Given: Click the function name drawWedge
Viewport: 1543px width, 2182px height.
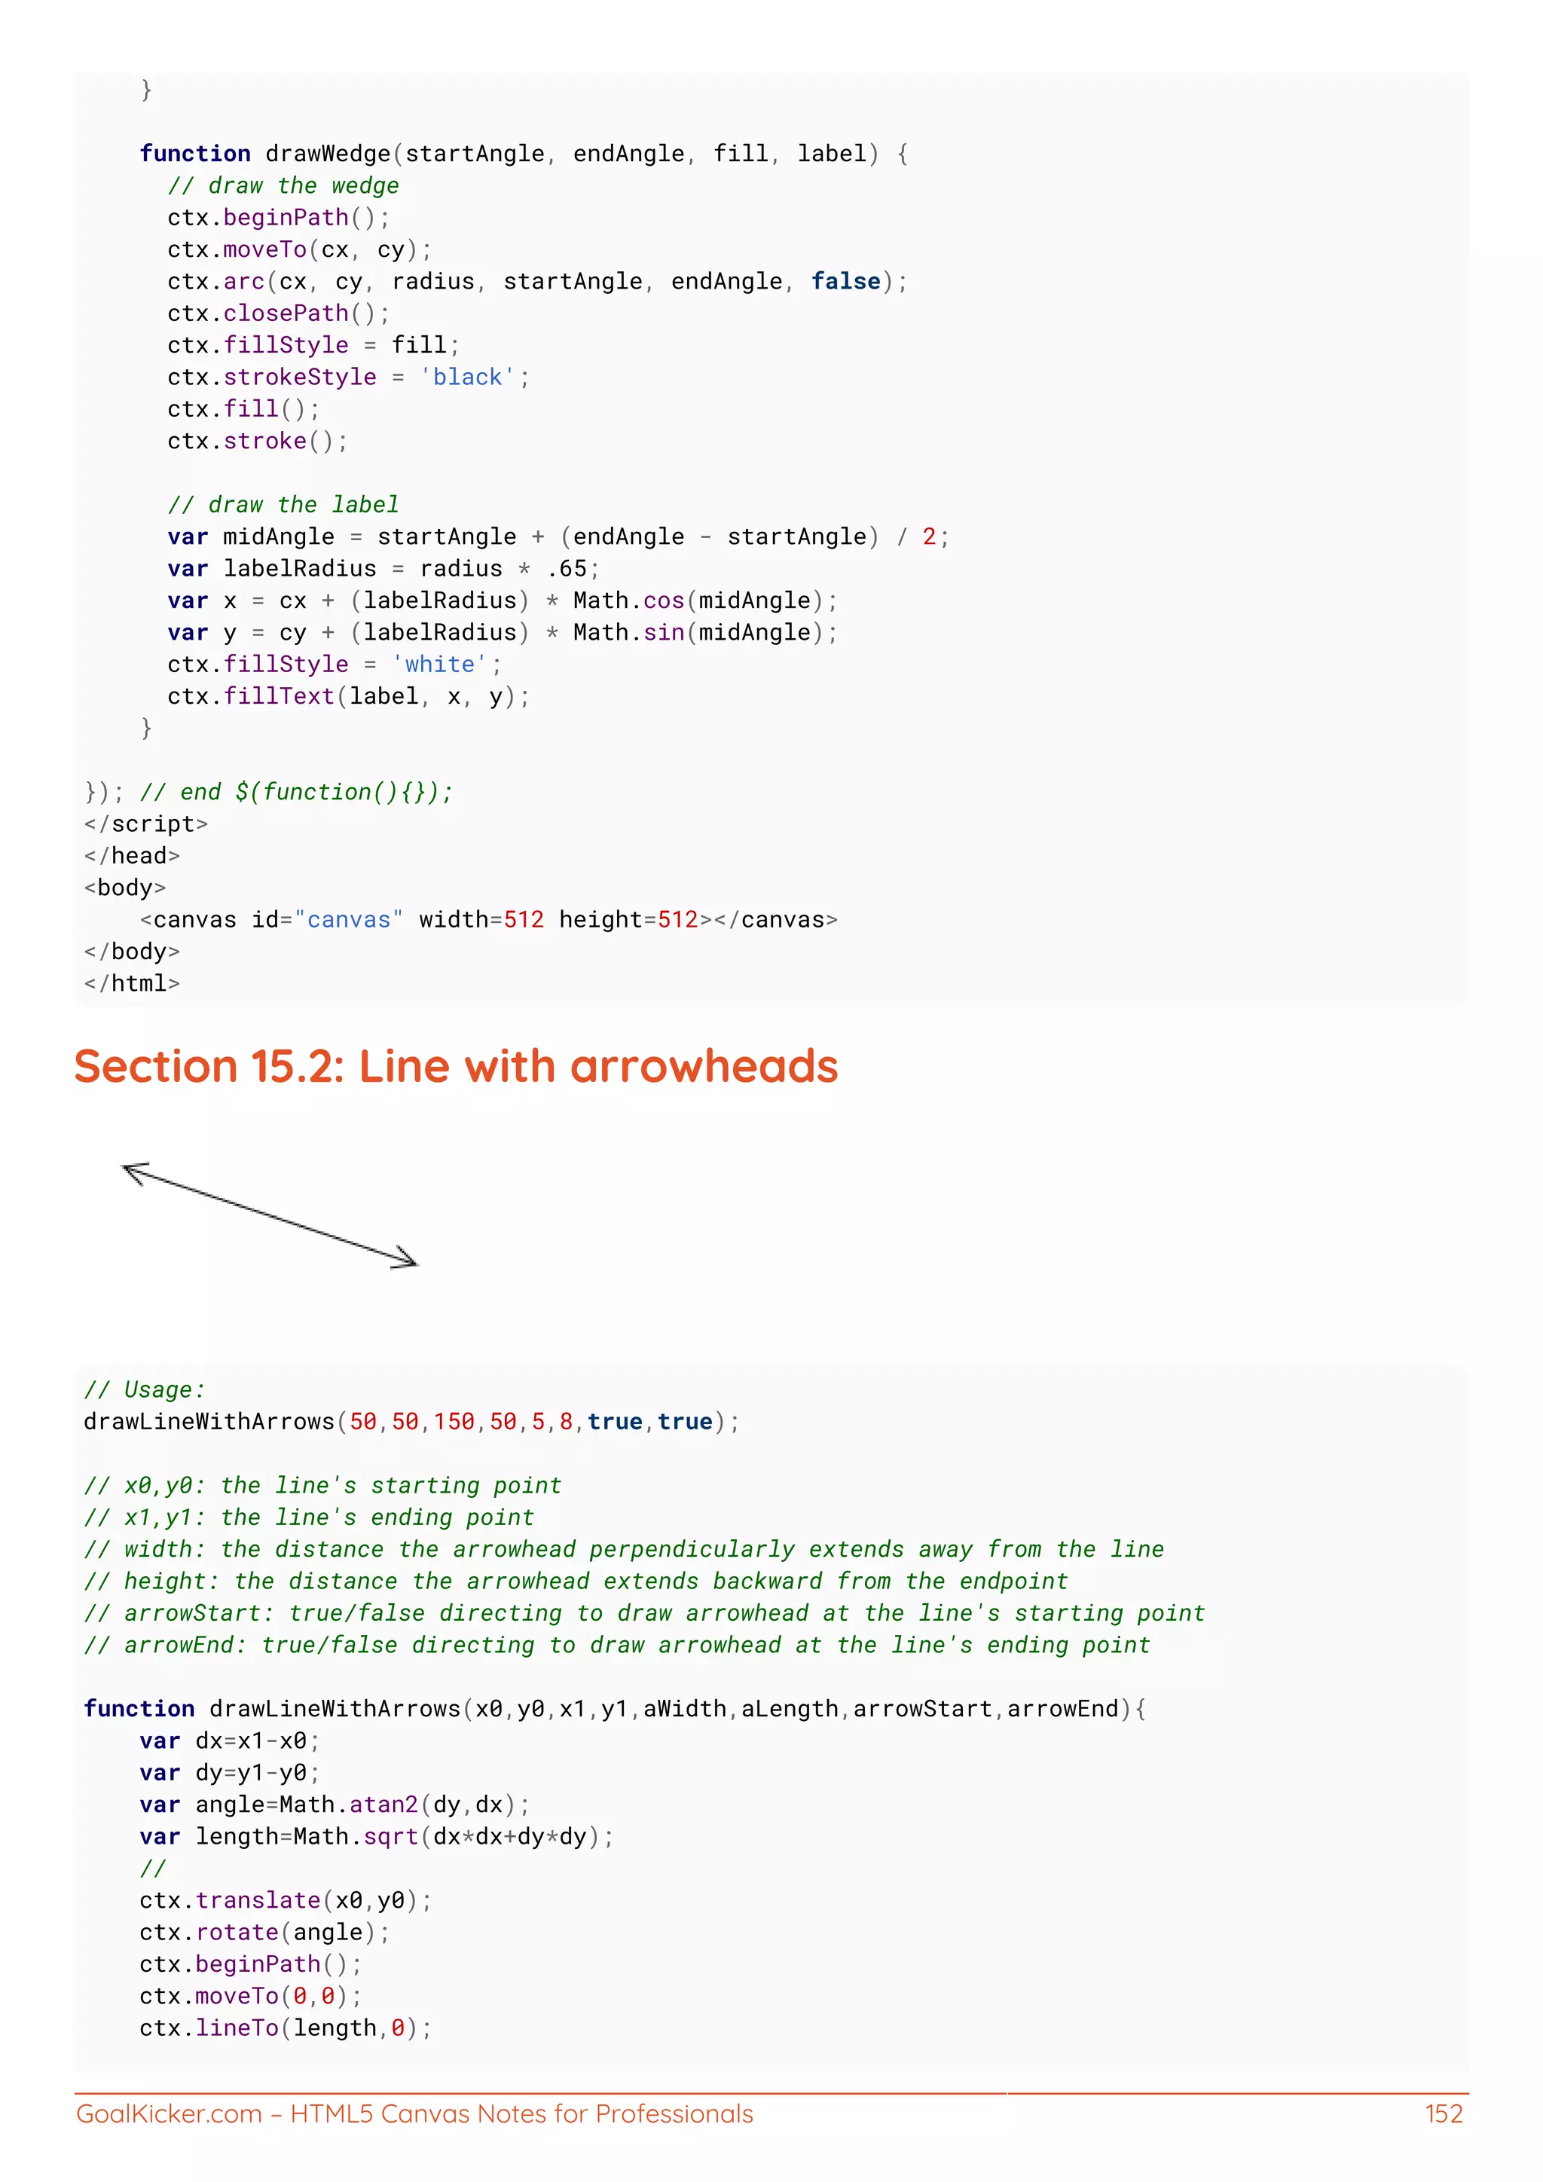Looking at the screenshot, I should point(328,154).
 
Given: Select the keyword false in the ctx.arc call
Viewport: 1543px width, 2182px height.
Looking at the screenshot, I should point(845,281).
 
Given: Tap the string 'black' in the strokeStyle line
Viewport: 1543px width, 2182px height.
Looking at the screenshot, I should point(466,377).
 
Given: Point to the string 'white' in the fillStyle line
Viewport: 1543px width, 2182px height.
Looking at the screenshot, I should point(439,665).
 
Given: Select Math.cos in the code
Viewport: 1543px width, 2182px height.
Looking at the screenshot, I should point(628,601).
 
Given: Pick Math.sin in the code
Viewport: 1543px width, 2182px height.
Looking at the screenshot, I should point(628,633).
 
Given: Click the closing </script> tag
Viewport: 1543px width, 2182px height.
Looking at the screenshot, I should point(145,824).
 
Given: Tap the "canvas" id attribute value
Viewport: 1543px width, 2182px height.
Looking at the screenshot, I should point(349,920).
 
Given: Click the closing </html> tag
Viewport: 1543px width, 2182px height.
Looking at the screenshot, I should point(132,983).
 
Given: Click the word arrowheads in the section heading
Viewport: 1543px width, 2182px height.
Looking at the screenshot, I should point(704,1066).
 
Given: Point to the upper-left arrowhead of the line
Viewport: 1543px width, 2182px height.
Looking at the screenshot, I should point(134,1172).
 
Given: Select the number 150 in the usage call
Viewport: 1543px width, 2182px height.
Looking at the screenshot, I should point(454,1422).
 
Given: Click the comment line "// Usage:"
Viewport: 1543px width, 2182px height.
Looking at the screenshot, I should point(145,1389).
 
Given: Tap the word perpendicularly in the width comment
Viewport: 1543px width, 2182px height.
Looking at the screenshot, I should point(692,1549).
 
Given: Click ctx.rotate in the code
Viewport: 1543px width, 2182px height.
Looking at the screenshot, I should point(250,1932).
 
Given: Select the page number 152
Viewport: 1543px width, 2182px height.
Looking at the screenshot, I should point(1444,2113).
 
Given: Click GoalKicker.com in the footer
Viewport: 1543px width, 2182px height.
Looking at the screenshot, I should point(168,2113).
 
